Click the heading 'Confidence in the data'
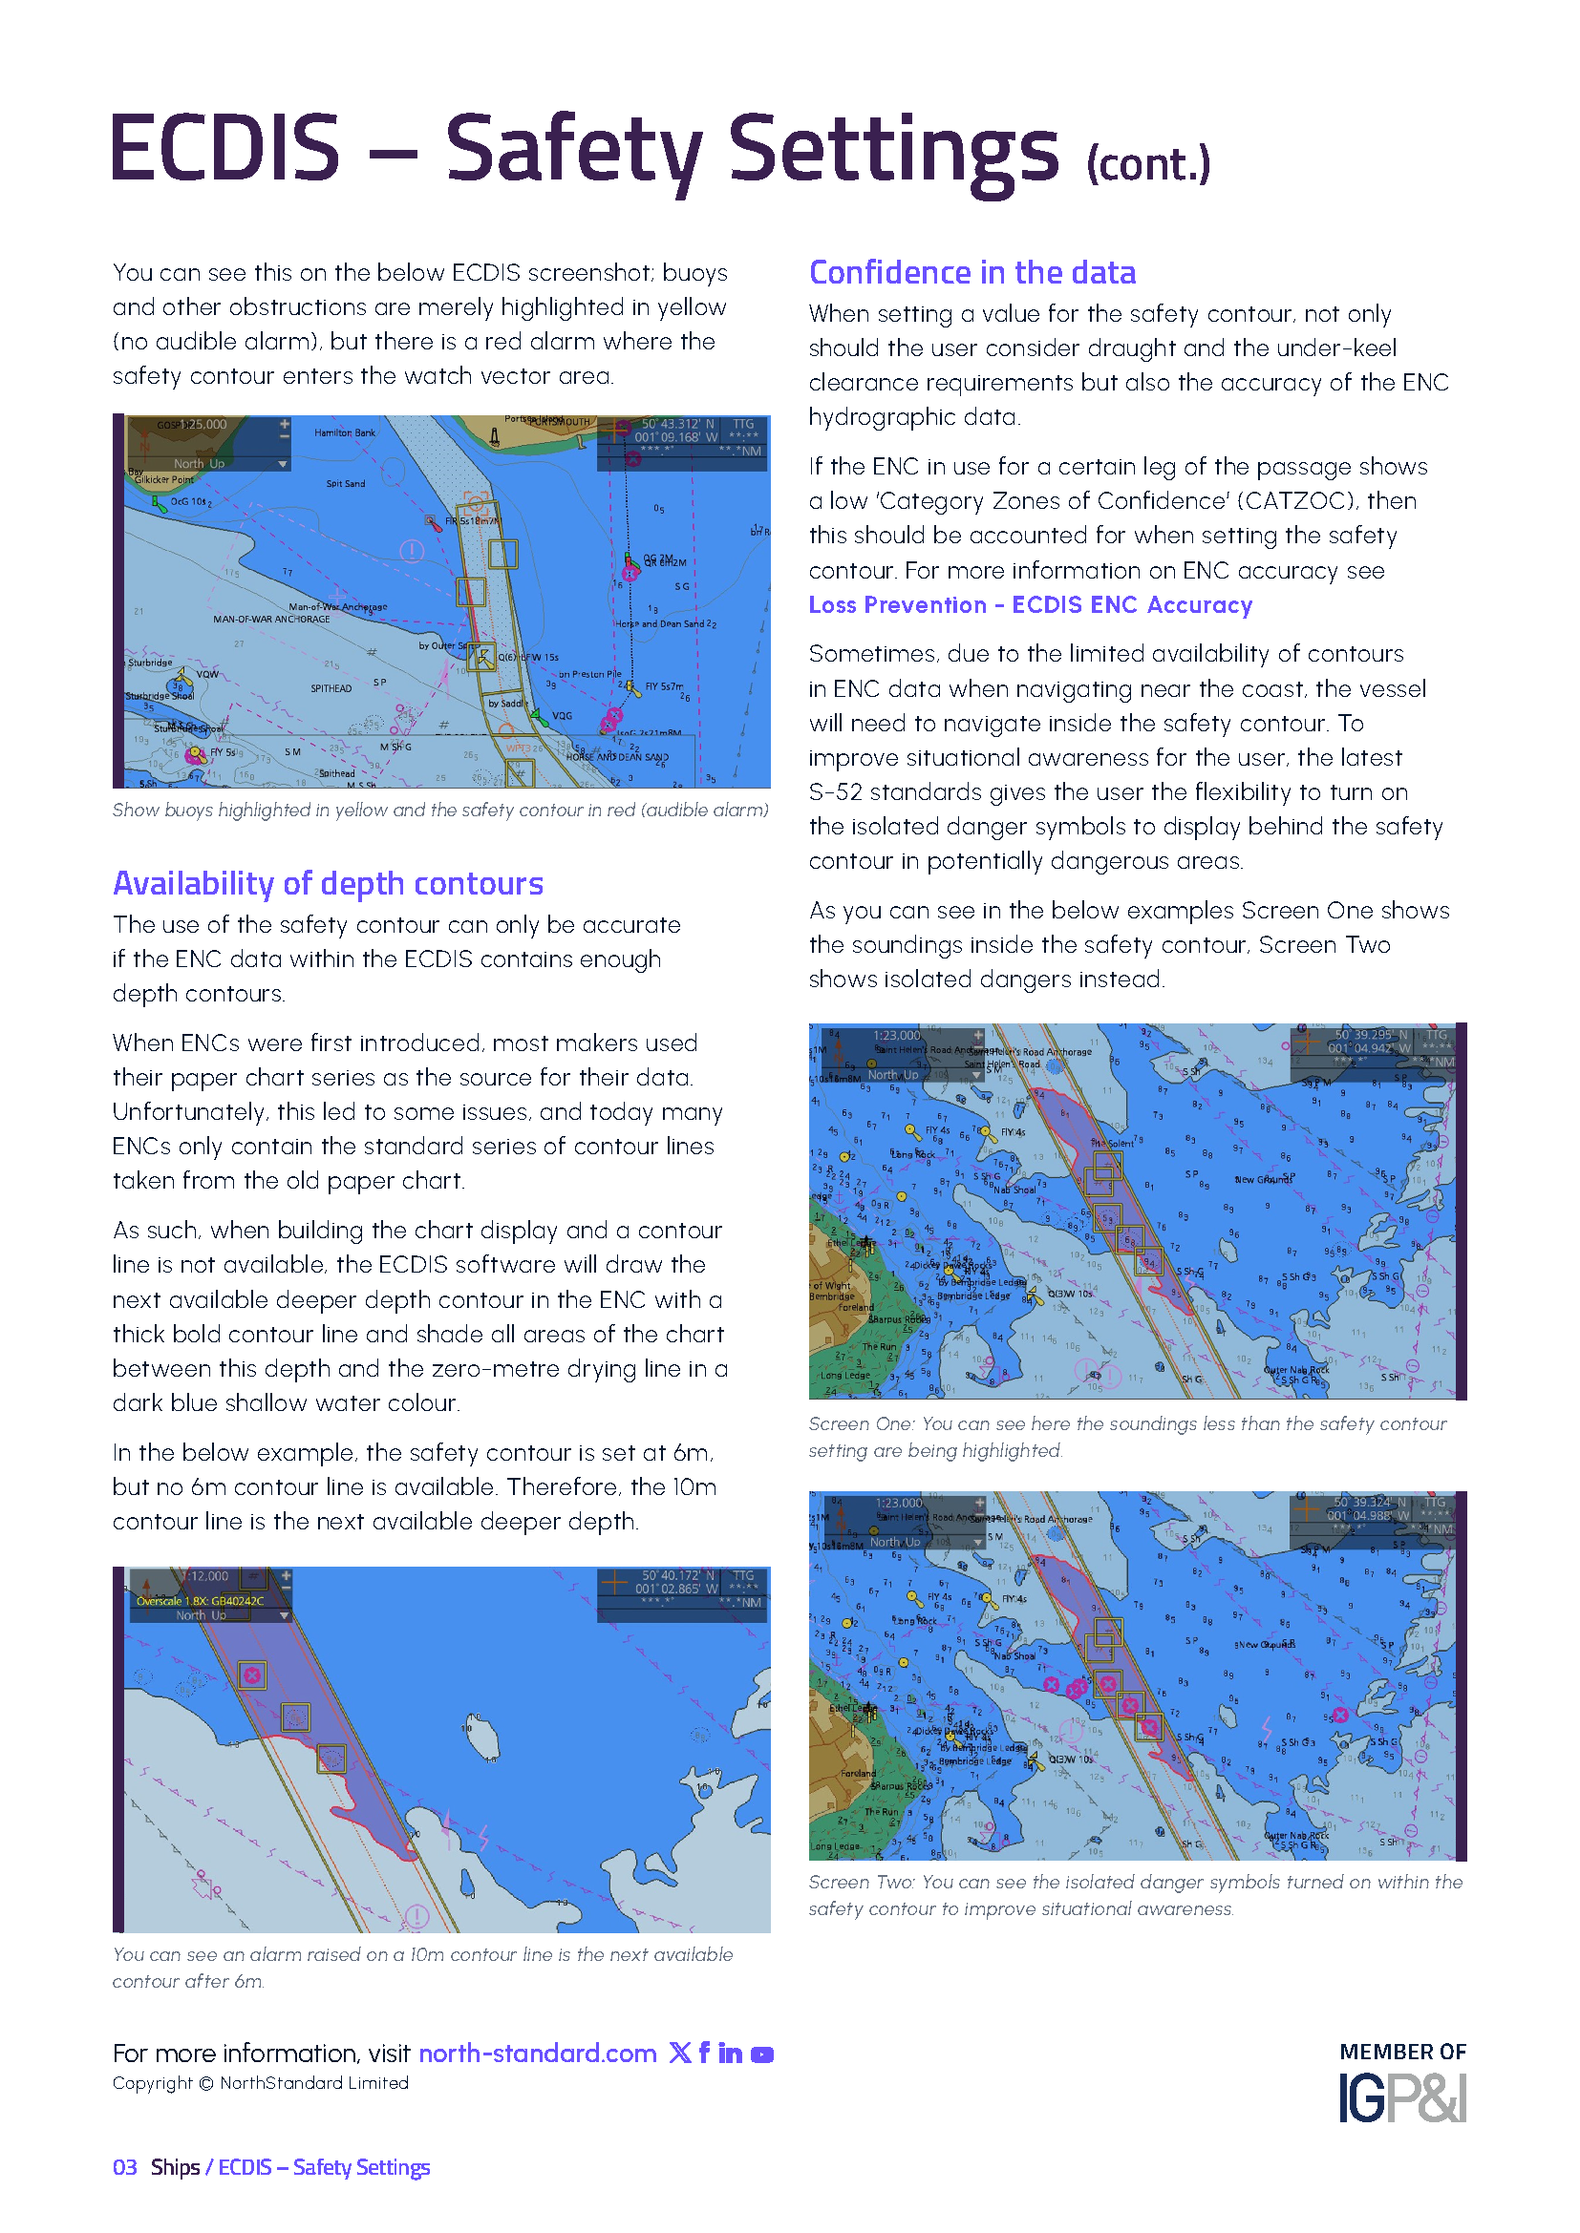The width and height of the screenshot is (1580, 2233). click(x=971, y=273)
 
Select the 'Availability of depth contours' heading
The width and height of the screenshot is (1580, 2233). click(x=328, y=884)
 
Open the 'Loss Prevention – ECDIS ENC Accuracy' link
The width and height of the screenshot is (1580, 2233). click(x=1031, y=605)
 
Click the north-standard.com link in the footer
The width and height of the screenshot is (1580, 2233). click(x=537, y=2054)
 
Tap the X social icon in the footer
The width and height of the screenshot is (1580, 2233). click(x=680, y=2054)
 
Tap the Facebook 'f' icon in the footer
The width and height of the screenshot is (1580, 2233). click(x=704, y=2054)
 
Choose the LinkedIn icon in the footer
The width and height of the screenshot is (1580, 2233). click(x=730, y=2054)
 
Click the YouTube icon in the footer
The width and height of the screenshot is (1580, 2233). click(x=762, y=2054)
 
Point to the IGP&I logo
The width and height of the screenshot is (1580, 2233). click(x=1402, y=2097)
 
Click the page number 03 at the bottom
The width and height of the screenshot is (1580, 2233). click(x=124, y=2168)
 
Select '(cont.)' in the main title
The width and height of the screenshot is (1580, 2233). click(x=1148, y=164)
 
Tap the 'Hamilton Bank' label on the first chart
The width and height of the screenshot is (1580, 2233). click(x=345, y=432)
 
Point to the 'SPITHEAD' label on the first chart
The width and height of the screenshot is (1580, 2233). click(x=331, y=688)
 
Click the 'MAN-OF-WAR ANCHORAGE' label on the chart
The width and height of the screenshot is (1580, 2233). click(x=271, y=620)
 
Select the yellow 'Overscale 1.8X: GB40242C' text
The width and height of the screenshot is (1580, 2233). click(x=201, y=1601)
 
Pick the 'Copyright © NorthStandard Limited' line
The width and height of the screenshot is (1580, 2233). click(x=261, y=2083)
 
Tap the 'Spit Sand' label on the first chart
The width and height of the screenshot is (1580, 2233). click(x=346, y=484)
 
